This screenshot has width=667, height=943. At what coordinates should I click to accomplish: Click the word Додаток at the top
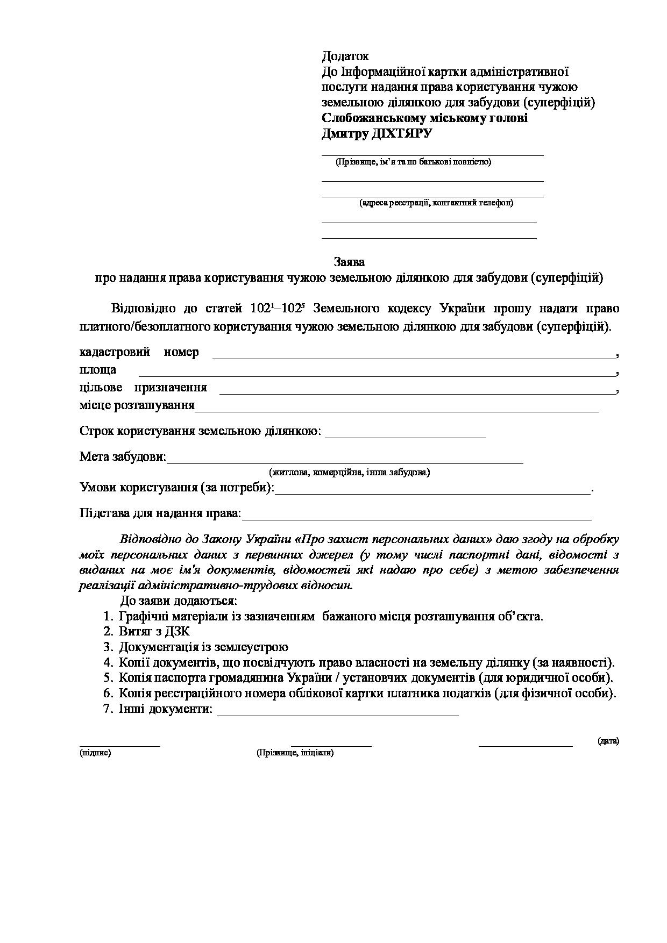click(x=345, y=56)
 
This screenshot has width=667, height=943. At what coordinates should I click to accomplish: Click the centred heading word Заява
click(x=349, y=262)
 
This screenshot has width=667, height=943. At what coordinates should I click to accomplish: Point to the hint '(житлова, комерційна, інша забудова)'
click(x=349, y=473)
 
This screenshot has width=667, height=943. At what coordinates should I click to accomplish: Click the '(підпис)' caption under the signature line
click(x=95, y=753)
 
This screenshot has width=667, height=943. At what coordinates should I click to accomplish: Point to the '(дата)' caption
click(x=608, y=741)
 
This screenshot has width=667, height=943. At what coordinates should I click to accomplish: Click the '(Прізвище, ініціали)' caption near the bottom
click(x=295, y=753)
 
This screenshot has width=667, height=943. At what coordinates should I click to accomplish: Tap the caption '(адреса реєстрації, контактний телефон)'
click(x=436, y=203)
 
